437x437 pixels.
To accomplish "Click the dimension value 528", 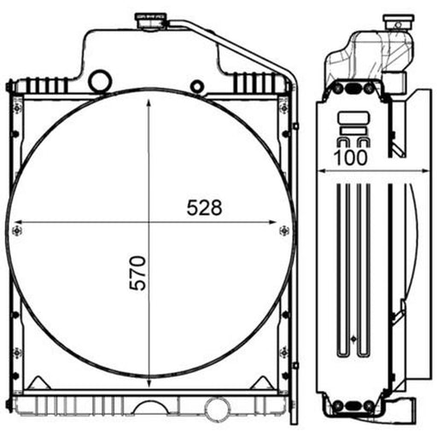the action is tap(204, 207).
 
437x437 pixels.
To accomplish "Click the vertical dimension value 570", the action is tap(137, 273).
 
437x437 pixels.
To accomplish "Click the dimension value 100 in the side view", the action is tap(351, 158).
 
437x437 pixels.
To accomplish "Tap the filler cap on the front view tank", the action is tap(151, 20).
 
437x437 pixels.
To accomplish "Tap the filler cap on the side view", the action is tap(399, 21).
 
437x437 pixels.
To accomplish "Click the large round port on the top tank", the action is tap(100, 81).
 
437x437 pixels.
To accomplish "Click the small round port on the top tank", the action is tap(197, 86).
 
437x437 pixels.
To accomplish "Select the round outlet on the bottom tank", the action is tap(217, 409).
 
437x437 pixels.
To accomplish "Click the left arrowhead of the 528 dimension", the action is tap(18, 222).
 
